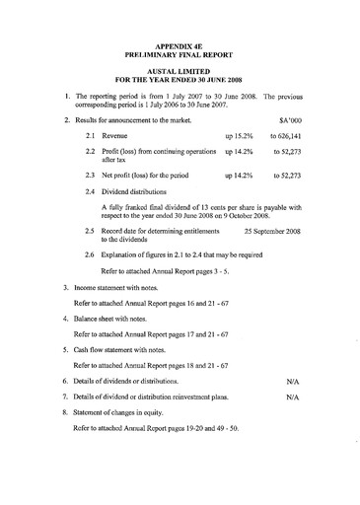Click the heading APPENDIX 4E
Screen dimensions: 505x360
[x=180, y=47]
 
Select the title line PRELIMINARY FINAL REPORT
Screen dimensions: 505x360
[x=180, y=56]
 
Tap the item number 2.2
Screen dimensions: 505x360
[x=91, y=153]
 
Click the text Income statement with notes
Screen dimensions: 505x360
[x=119, y=279]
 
